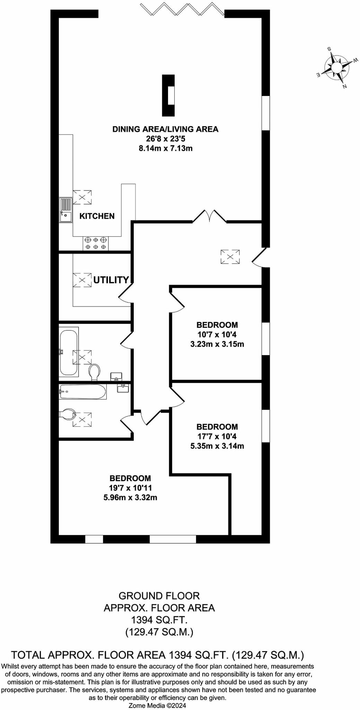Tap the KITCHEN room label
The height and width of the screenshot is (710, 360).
[97, 216]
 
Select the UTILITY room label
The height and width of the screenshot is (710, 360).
[111, 280]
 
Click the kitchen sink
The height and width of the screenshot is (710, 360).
[65, 210]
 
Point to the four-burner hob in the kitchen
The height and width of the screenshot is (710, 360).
[96, 243]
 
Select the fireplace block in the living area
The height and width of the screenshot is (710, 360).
[169, 96]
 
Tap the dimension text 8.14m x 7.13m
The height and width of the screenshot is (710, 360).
[165, 148]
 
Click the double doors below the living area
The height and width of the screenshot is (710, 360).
[210, 216]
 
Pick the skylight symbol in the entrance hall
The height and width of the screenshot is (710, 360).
[230, 257]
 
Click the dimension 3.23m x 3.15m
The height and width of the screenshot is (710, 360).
[217, 344]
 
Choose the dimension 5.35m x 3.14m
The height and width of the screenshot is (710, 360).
[217, 446]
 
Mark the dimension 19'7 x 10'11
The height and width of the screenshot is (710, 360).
[130, 488]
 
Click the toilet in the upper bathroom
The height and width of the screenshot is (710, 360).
[94, 372]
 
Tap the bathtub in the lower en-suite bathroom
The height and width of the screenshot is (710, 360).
[82, 391]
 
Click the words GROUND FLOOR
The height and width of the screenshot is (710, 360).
[159, 596]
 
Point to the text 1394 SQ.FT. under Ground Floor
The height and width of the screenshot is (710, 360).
[159, 620]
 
